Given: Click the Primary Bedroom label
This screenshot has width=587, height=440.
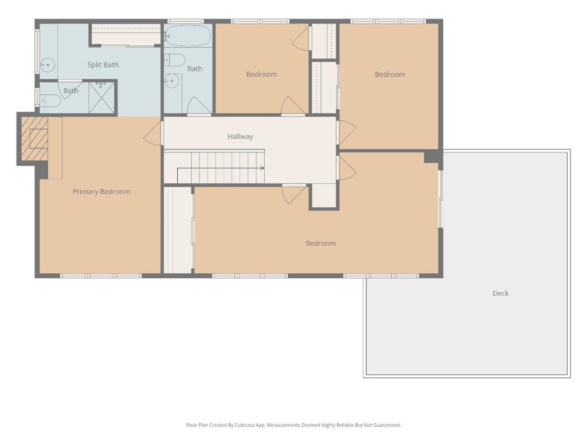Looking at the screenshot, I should click(101, 191).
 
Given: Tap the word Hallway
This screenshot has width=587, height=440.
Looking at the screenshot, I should click(240, 136).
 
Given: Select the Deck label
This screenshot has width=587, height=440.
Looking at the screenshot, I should click(500, 293).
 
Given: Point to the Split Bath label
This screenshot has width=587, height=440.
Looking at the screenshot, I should click(103, 65).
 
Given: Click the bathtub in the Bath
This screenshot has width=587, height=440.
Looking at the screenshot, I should click(187, 36).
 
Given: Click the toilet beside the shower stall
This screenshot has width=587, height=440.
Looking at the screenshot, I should click(50, 101).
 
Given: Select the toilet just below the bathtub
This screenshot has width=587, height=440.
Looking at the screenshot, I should click(175, 60).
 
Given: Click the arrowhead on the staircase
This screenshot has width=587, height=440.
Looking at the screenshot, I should click(262, 168).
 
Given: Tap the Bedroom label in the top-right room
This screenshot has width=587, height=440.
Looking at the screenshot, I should click(390, 74).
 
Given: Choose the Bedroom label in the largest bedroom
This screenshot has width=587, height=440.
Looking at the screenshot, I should click(320, 243).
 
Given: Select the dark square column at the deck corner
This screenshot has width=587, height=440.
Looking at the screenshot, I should click(433, 156).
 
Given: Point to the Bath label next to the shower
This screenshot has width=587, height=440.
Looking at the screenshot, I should click(71, 91).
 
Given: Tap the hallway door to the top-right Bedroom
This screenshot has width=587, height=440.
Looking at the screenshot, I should click(346, 132).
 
